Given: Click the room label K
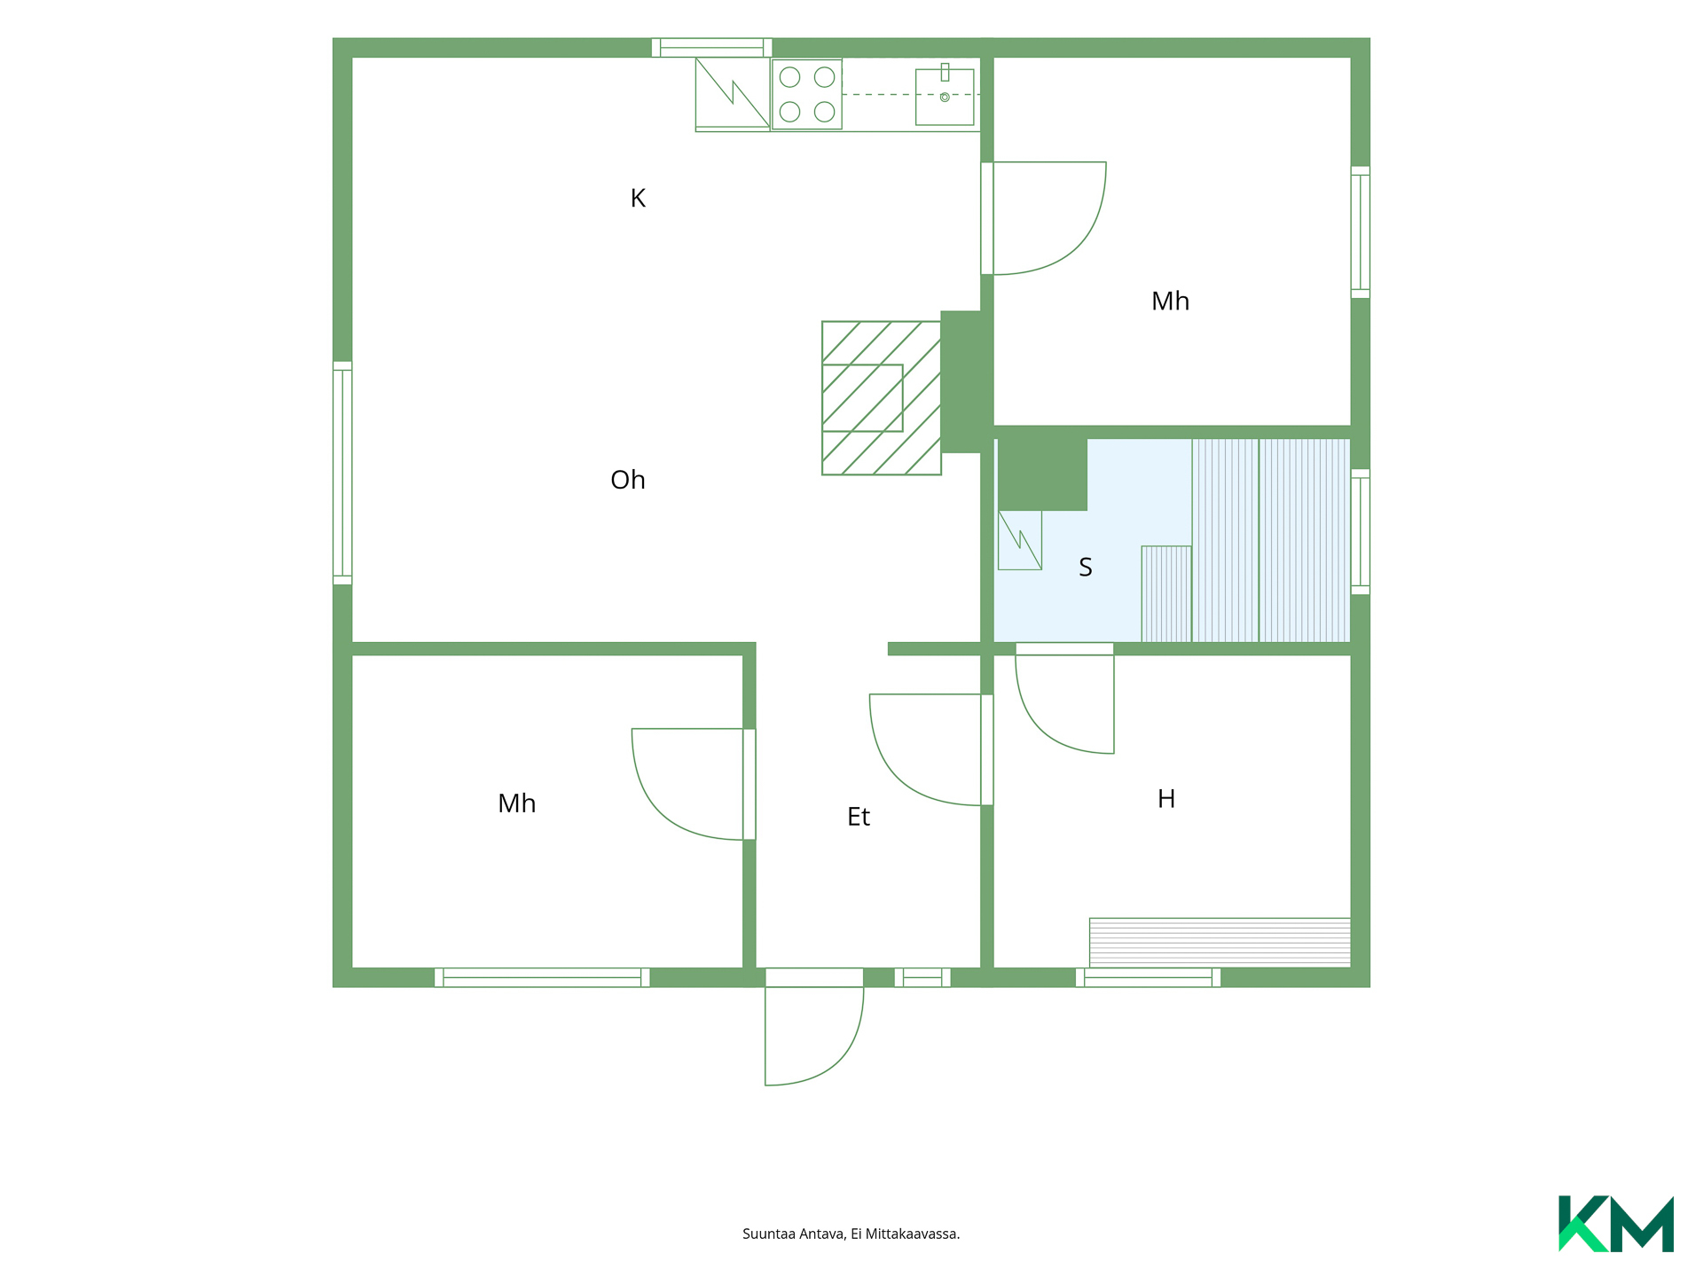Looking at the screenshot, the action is pyautogui.click(x=638, y=198).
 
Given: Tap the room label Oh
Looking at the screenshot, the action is pyautogui.click(x=628, y=480).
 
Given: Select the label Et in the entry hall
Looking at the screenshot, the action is pyautogui.click(x=859, y=817).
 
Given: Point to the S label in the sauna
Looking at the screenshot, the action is pyautogui.click(x=1086, y=568).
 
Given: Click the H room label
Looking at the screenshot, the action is pyautogui.click(x=1166, y=799).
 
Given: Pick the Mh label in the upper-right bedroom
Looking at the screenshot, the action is pyautogui.click(x=1170, y=302).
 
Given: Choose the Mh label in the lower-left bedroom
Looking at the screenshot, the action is pyautogui.click(x=517, y=803).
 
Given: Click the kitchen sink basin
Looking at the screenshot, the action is pyautogui.click(x=945, y=97).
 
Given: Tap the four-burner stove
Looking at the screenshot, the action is pyautogui.click(x=807, y=94).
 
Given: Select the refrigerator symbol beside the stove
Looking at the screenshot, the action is pyautogui.click(x=733, y=94).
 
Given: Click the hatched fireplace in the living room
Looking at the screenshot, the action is pyautogui.click(x=882, y=398).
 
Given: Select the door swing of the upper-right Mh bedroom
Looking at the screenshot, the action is pyautogui.click(x=1044, y=218).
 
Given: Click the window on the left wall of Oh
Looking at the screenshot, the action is pyautogui.click(x=342, y=473).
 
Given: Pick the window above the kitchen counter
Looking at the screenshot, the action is pyautogui.click(x=711, y=48).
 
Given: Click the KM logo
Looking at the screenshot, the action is pyautogui.click(x=1616, y=1224).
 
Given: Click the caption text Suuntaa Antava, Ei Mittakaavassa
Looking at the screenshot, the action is pyautogui.click(x=851, y=1234).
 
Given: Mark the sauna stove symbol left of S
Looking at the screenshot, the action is pyautogui.click(x=1020, y=540).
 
